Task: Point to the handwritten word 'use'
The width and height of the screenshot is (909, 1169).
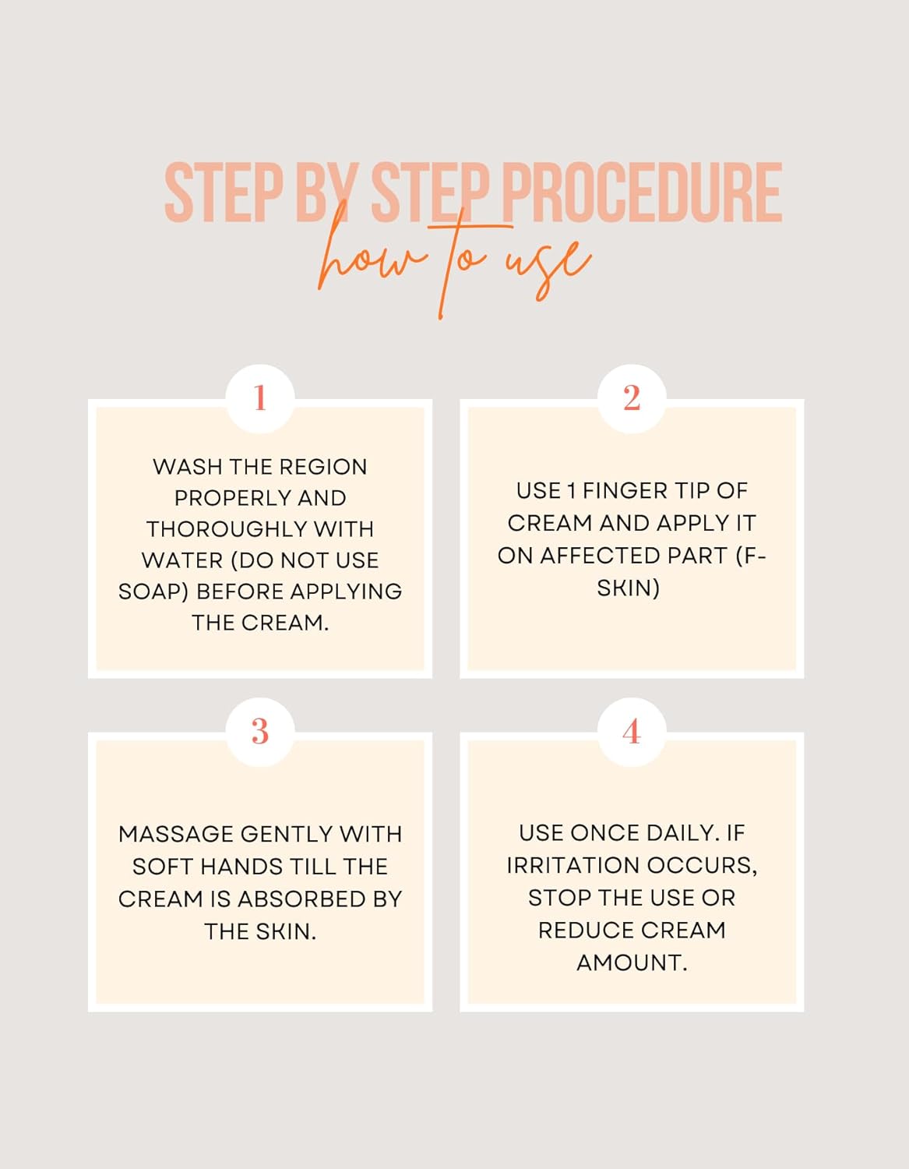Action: pyautogui.click(x=549, y=267)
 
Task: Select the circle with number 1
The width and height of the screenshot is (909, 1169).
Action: pyautogui.click(x=260, y=399)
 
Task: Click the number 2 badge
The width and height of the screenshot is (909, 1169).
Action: pyautogui.click(x=632, y=399)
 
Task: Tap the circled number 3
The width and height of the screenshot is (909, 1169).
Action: pyautogui.click(x=260, y=732)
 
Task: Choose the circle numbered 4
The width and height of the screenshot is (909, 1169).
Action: pyautogui.click(x=632, y=732)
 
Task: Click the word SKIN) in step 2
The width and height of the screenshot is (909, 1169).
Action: pyautogui.click(x=629, y=588)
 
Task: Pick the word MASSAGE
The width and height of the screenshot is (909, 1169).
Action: pyautogui.click(x=175, y=835)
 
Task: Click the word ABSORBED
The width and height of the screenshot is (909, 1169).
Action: pyautogui.click(x=301, y=899)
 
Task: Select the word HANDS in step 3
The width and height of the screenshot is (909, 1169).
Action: pyautogui.click(x=241, y=867)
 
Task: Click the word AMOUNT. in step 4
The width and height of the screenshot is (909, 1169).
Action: pyautogui.click(x=632, y=962)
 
